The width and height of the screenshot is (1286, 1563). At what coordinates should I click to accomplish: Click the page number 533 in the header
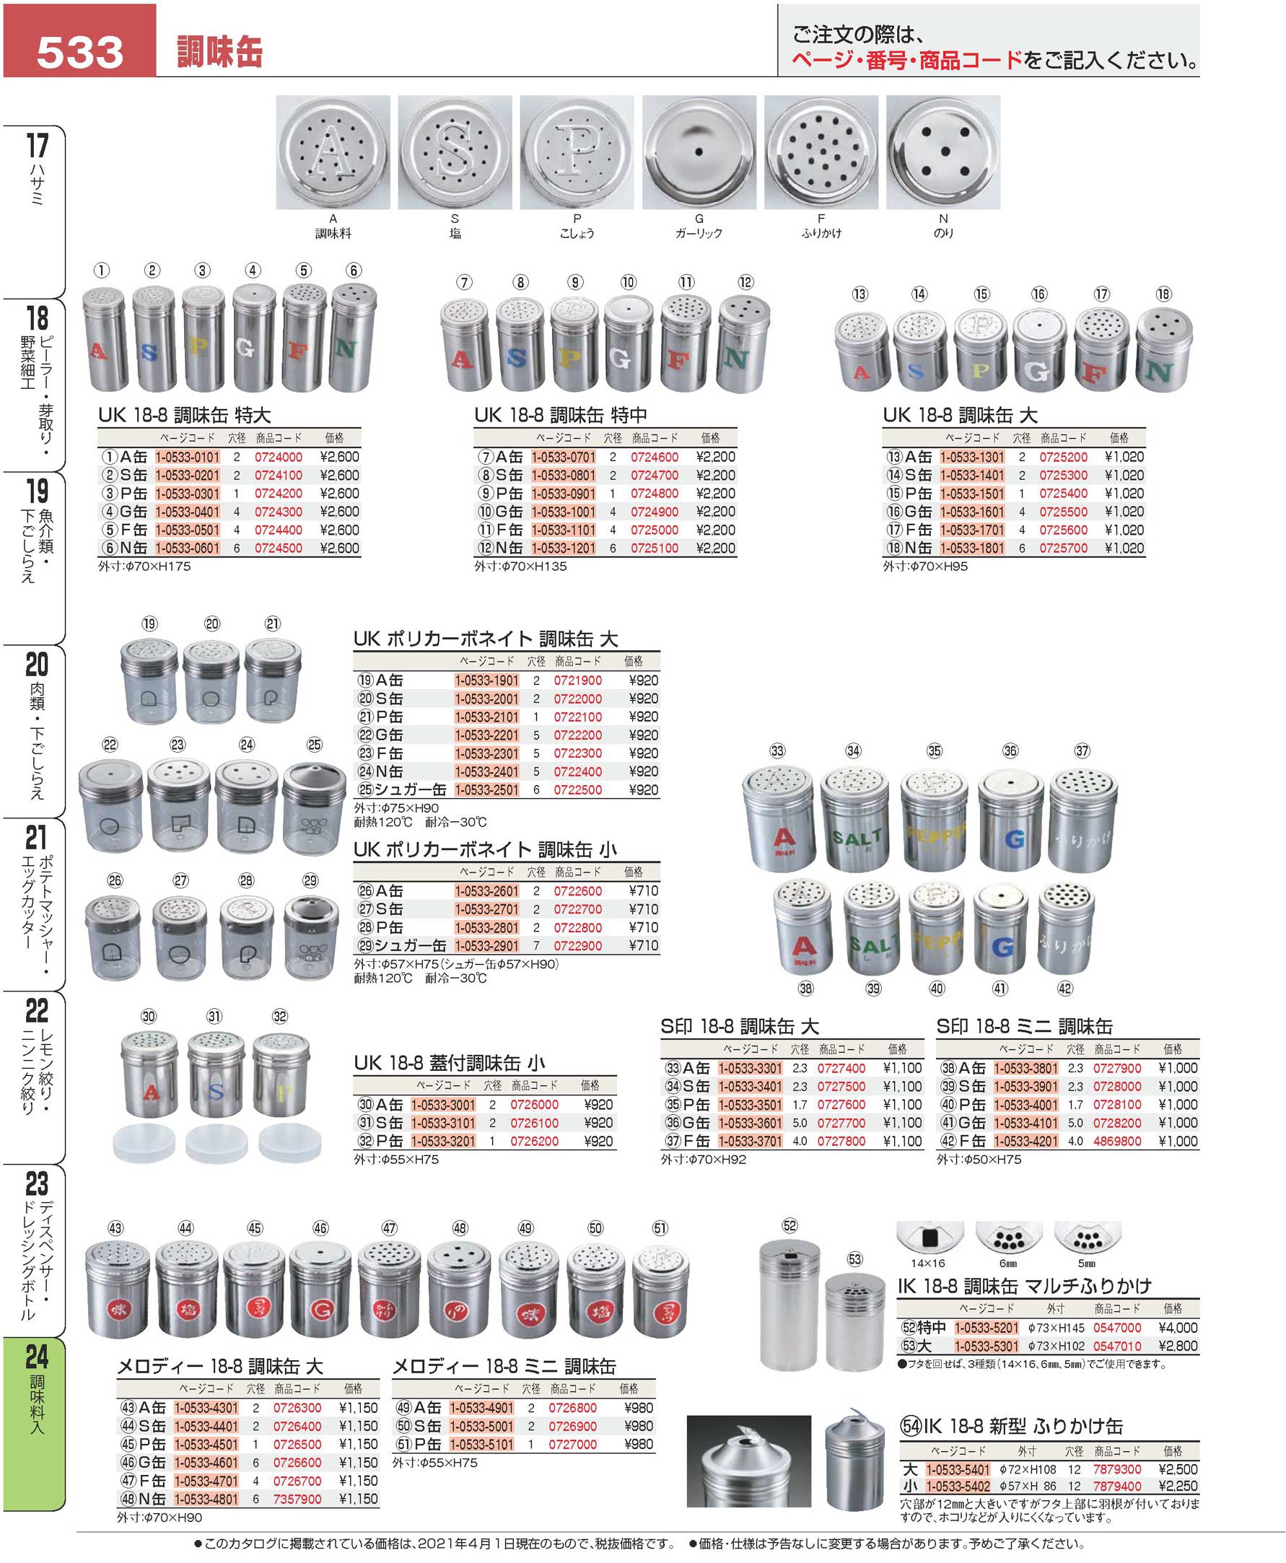(x=79, y=51)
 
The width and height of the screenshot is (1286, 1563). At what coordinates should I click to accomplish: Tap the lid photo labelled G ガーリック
(x=699, y=152)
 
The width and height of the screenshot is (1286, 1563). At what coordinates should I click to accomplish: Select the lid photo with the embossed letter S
(x=454, y=152)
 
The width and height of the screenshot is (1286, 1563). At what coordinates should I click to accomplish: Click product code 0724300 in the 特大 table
(x=278, y=512)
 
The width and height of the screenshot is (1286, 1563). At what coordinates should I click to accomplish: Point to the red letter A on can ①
(x=97, y=351)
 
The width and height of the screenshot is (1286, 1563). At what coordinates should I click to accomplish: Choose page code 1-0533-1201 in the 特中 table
(x=563, y=548)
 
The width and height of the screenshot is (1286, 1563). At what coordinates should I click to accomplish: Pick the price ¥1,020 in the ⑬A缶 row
(x=1124, y=457)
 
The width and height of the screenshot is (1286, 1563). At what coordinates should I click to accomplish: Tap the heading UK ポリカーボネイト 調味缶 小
(x=484, y=849)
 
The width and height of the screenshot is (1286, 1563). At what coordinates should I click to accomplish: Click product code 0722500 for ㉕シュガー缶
(x=578, y=790)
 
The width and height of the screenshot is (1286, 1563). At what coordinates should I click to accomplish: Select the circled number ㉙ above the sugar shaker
(x=310, y=881)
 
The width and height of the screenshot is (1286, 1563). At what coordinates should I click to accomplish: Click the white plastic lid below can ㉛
(x=216, y=1144)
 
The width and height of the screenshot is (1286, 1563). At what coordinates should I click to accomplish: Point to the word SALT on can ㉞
(x=857, y=839)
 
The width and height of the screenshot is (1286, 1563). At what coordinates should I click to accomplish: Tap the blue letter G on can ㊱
(x=1013, y=839)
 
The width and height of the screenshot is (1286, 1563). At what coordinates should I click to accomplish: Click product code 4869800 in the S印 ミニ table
(x=1117, y=1142)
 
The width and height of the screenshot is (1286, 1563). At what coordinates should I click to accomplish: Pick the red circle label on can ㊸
(x=118, y=1310)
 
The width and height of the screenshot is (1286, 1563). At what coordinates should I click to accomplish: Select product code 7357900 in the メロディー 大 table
(x=297, y=1499)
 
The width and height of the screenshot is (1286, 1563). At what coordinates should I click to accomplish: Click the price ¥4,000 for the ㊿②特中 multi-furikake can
(x=1177, y=1328)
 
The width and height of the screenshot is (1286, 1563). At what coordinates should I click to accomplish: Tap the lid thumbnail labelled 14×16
(x=929, y=1238)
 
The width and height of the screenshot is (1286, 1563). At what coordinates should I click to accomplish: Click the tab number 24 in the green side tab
(x=36, y=1357)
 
